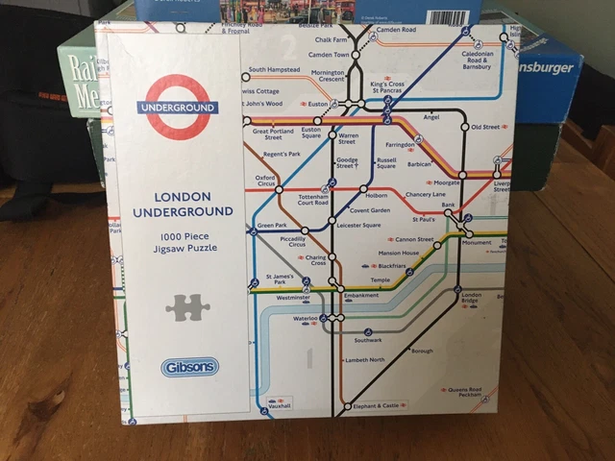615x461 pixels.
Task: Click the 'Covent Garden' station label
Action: click(x=369, y=209)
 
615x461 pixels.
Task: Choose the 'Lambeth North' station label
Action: click(x=364, y=359)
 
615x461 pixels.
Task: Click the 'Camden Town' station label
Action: click(x=327, y=55)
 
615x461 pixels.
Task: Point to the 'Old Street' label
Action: click(x=485, y=127)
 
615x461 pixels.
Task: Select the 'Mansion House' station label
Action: click(x=397, y=253)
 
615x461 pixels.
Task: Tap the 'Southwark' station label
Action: click(x=367, y=340)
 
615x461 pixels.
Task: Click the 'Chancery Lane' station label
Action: click(x=425, y=194)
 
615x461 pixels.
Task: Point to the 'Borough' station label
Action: click(x=422, y=351)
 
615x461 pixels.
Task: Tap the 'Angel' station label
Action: click(x=430, y=117)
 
